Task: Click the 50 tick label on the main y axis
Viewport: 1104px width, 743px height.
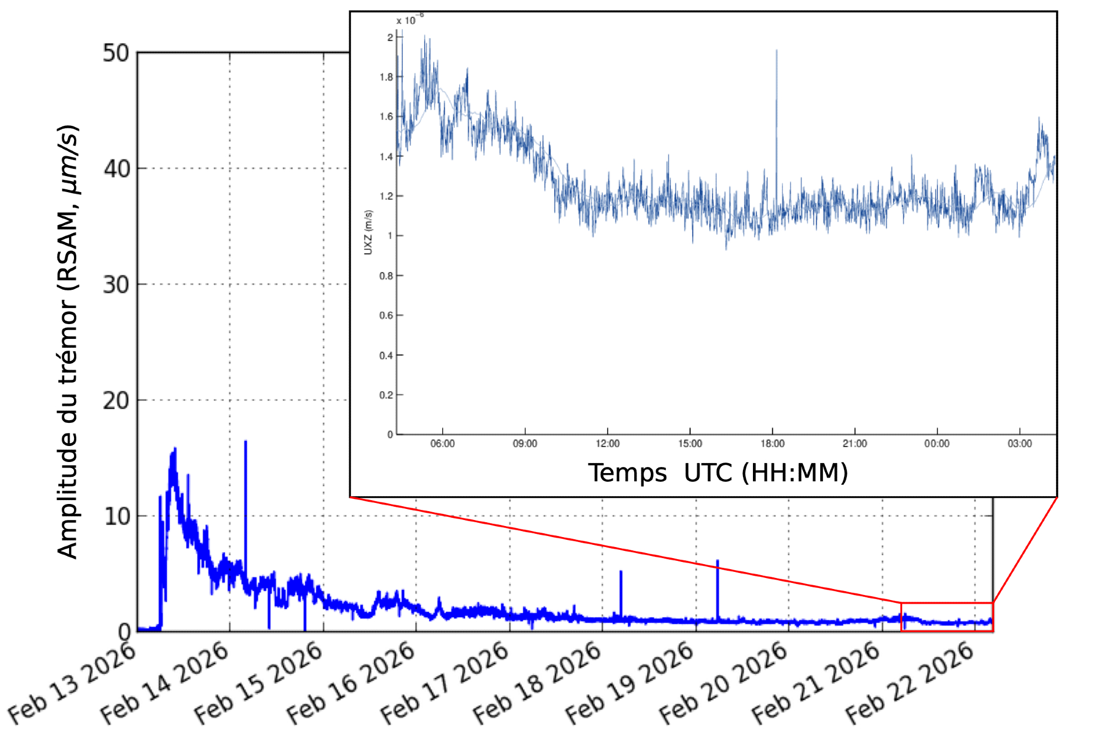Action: coord(116,54)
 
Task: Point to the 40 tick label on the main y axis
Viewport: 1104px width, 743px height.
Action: coord(116,169)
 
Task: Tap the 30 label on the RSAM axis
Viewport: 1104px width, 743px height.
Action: coord(116,285)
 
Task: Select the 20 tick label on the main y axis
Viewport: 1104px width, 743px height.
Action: coord(116,401)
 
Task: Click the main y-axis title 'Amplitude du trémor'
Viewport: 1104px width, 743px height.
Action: coord(68,342)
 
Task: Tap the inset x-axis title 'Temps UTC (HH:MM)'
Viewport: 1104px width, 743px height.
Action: coord(718,473)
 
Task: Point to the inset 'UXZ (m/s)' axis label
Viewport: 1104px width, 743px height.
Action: coord(368,232)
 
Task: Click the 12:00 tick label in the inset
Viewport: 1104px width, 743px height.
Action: coord(607,444)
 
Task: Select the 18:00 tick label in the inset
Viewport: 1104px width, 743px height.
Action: coord(772,444)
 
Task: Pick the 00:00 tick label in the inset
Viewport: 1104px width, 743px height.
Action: coord(937,444)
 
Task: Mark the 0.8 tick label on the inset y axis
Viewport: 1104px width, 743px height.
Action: coord(386,275)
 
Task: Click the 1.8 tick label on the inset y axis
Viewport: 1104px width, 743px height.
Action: coord(386,77)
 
